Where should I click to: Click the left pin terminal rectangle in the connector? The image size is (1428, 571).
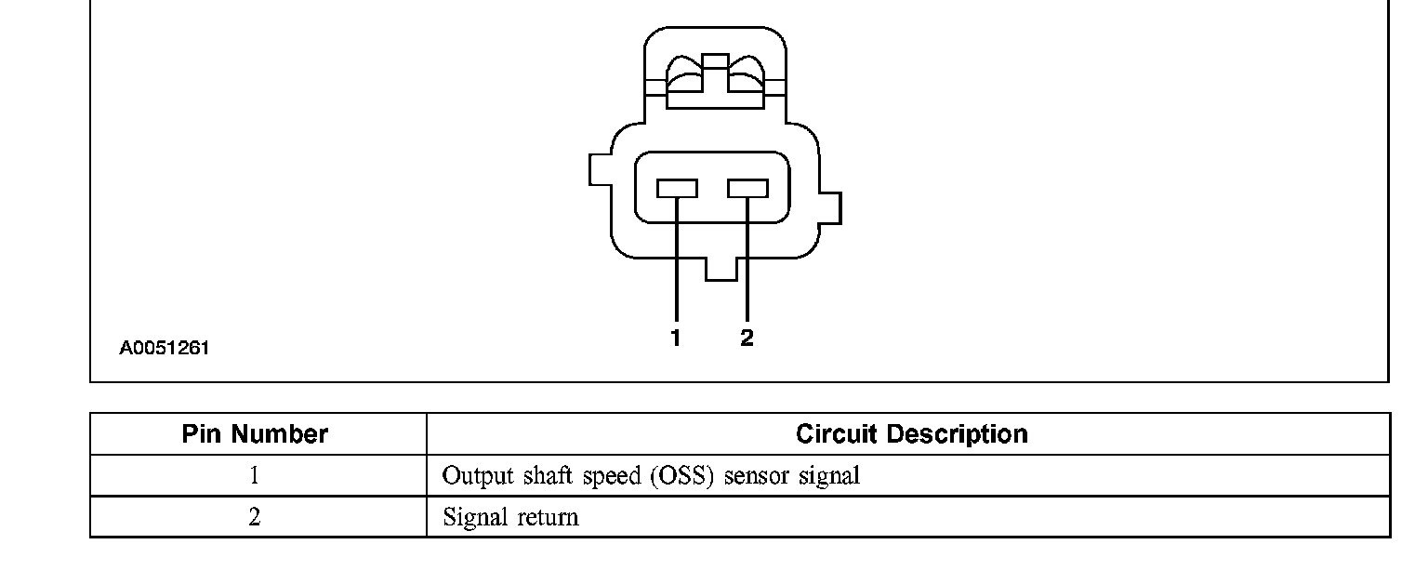click(x=677, y=189)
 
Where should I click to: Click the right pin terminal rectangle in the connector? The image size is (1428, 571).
click(x=747, y=189)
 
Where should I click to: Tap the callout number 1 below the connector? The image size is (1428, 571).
click(x=676, y=339)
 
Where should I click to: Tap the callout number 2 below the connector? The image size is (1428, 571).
click(x=747, y=339)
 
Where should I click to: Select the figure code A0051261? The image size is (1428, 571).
click(x=165, y=349)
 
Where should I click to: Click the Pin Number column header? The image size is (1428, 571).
click(x=255, y=434)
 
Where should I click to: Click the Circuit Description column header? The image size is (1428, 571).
click(x=911, y=434)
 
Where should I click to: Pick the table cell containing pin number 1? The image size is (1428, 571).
click(x=254, y=476)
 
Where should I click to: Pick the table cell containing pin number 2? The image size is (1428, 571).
click(x=254, y=517)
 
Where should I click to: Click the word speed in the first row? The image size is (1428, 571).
click(x=612, y=476)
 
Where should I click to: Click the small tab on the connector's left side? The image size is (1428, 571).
click(x=600, y=170)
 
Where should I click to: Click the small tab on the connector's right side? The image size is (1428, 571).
click(x=831, y=208)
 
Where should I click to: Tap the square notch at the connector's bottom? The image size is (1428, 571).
click(x=721, y=269)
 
